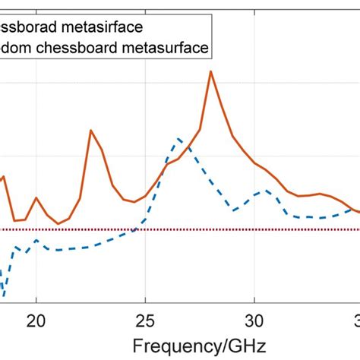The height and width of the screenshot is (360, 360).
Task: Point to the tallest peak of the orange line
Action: pos(211,72)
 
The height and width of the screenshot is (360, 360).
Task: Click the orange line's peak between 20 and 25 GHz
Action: pos(91,131)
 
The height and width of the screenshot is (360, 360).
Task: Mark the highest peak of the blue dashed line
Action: pos(178,138)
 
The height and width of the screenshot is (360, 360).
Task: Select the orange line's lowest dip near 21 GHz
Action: pos(58,223)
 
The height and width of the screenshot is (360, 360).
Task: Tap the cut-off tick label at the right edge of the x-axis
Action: pos(356,319)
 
